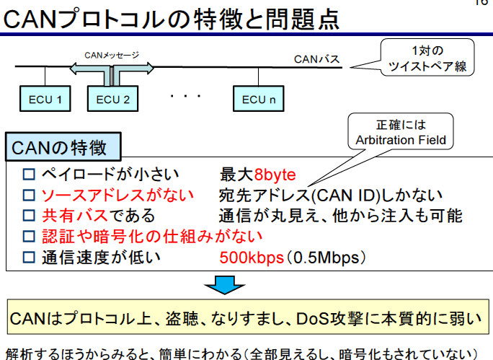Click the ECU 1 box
44,98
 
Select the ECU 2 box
112,98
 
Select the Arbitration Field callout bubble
401,133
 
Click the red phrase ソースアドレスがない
117,196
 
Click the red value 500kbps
251,256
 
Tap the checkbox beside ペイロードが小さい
29,175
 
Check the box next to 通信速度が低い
29,257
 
